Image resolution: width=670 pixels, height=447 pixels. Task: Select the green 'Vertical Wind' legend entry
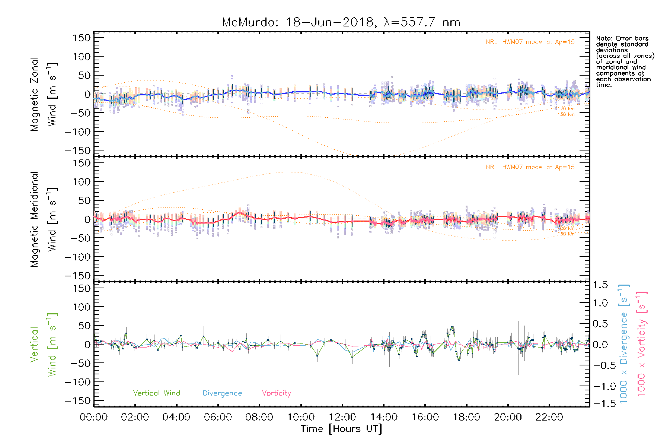156,393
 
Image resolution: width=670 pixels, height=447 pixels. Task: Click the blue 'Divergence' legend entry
222,393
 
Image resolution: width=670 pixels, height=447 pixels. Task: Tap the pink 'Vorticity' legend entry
276,393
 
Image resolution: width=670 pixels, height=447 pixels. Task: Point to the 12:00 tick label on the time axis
342,417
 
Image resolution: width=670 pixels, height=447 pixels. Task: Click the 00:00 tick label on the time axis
94,417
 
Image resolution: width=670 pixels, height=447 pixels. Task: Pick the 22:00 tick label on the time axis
549,417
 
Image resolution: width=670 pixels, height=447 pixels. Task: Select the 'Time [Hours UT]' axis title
341,429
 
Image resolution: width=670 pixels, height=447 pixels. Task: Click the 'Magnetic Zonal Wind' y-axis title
44,94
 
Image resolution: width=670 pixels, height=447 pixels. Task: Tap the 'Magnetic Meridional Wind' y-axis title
44,219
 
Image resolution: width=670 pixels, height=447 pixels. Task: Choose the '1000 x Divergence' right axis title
624,345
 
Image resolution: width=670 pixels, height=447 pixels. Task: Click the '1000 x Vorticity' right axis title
642,345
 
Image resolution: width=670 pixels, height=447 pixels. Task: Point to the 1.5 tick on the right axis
600,285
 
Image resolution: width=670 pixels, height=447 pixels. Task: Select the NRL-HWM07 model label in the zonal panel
530,42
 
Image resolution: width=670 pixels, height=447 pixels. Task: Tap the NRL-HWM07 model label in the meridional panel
530,167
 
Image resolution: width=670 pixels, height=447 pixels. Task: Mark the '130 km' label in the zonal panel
566,114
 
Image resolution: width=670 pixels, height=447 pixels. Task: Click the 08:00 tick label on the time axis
259,417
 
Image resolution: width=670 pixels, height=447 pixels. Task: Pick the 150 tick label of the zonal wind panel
82,38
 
